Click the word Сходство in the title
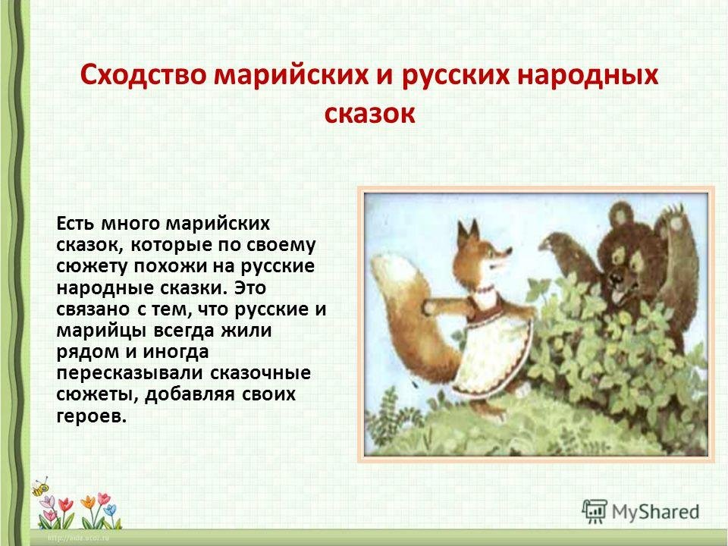click(143, 75)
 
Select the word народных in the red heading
click(587, 76)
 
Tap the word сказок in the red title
click(369, 114)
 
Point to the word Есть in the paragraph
click(75, 223)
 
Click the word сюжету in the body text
click(92, 266)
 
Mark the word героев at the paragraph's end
click(92, 416)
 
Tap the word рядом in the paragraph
click(86, 353)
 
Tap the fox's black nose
click(510, 252)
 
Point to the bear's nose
click(617, 277)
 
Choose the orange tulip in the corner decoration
click(87, 501)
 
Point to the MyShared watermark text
click(655, 512)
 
